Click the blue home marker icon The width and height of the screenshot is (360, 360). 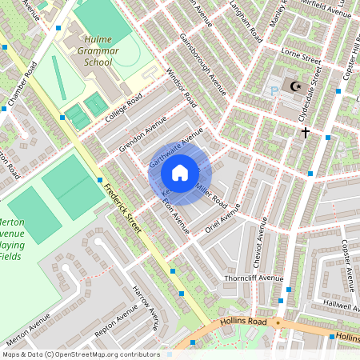pos(180,172)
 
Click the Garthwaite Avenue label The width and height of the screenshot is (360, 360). pos(171,151)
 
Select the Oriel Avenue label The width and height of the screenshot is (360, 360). pos(225,216)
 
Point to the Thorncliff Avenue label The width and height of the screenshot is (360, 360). pos(254,278)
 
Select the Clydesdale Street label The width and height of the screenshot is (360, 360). pos(315,94)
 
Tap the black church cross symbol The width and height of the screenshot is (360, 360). pos(304,132)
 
